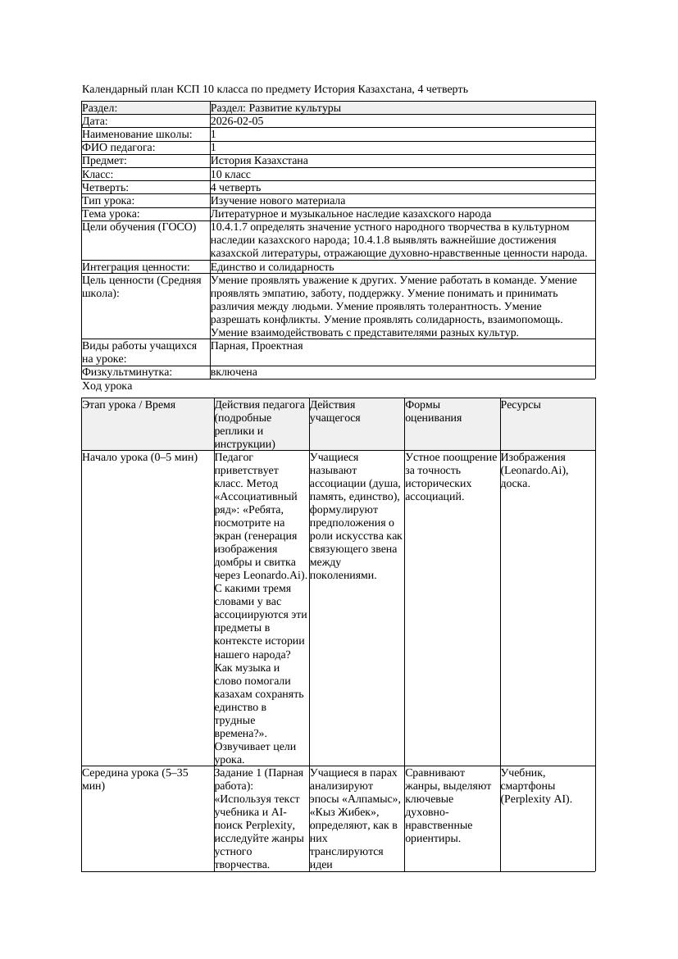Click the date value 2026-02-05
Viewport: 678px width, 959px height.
pos(237,121)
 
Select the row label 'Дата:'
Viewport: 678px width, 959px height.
pos(98,121)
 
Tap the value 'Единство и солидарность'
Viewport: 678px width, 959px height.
pos(272,267)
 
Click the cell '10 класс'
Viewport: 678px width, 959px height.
pos(230,175)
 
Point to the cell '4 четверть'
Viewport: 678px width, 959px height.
pos(235,188)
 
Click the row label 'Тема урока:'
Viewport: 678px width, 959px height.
pos(111,214)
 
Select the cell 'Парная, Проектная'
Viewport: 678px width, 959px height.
pos(257,346)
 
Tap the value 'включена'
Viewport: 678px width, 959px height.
pos(234,372)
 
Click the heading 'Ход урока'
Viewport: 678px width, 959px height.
pos(107,386)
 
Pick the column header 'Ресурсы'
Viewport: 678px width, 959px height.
pos(521,405)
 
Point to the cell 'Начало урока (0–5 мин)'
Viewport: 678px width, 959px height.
pos(139,457)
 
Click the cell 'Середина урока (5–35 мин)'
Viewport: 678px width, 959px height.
pos(135,779)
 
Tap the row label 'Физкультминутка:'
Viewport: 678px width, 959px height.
pos(127,372)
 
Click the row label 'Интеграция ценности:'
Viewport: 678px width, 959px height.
pos(136,267)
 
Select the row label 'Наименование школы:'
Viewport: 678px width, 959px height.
pos(137,134)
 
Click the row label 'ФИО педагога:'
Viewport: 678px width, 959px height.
pos(119,148)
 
